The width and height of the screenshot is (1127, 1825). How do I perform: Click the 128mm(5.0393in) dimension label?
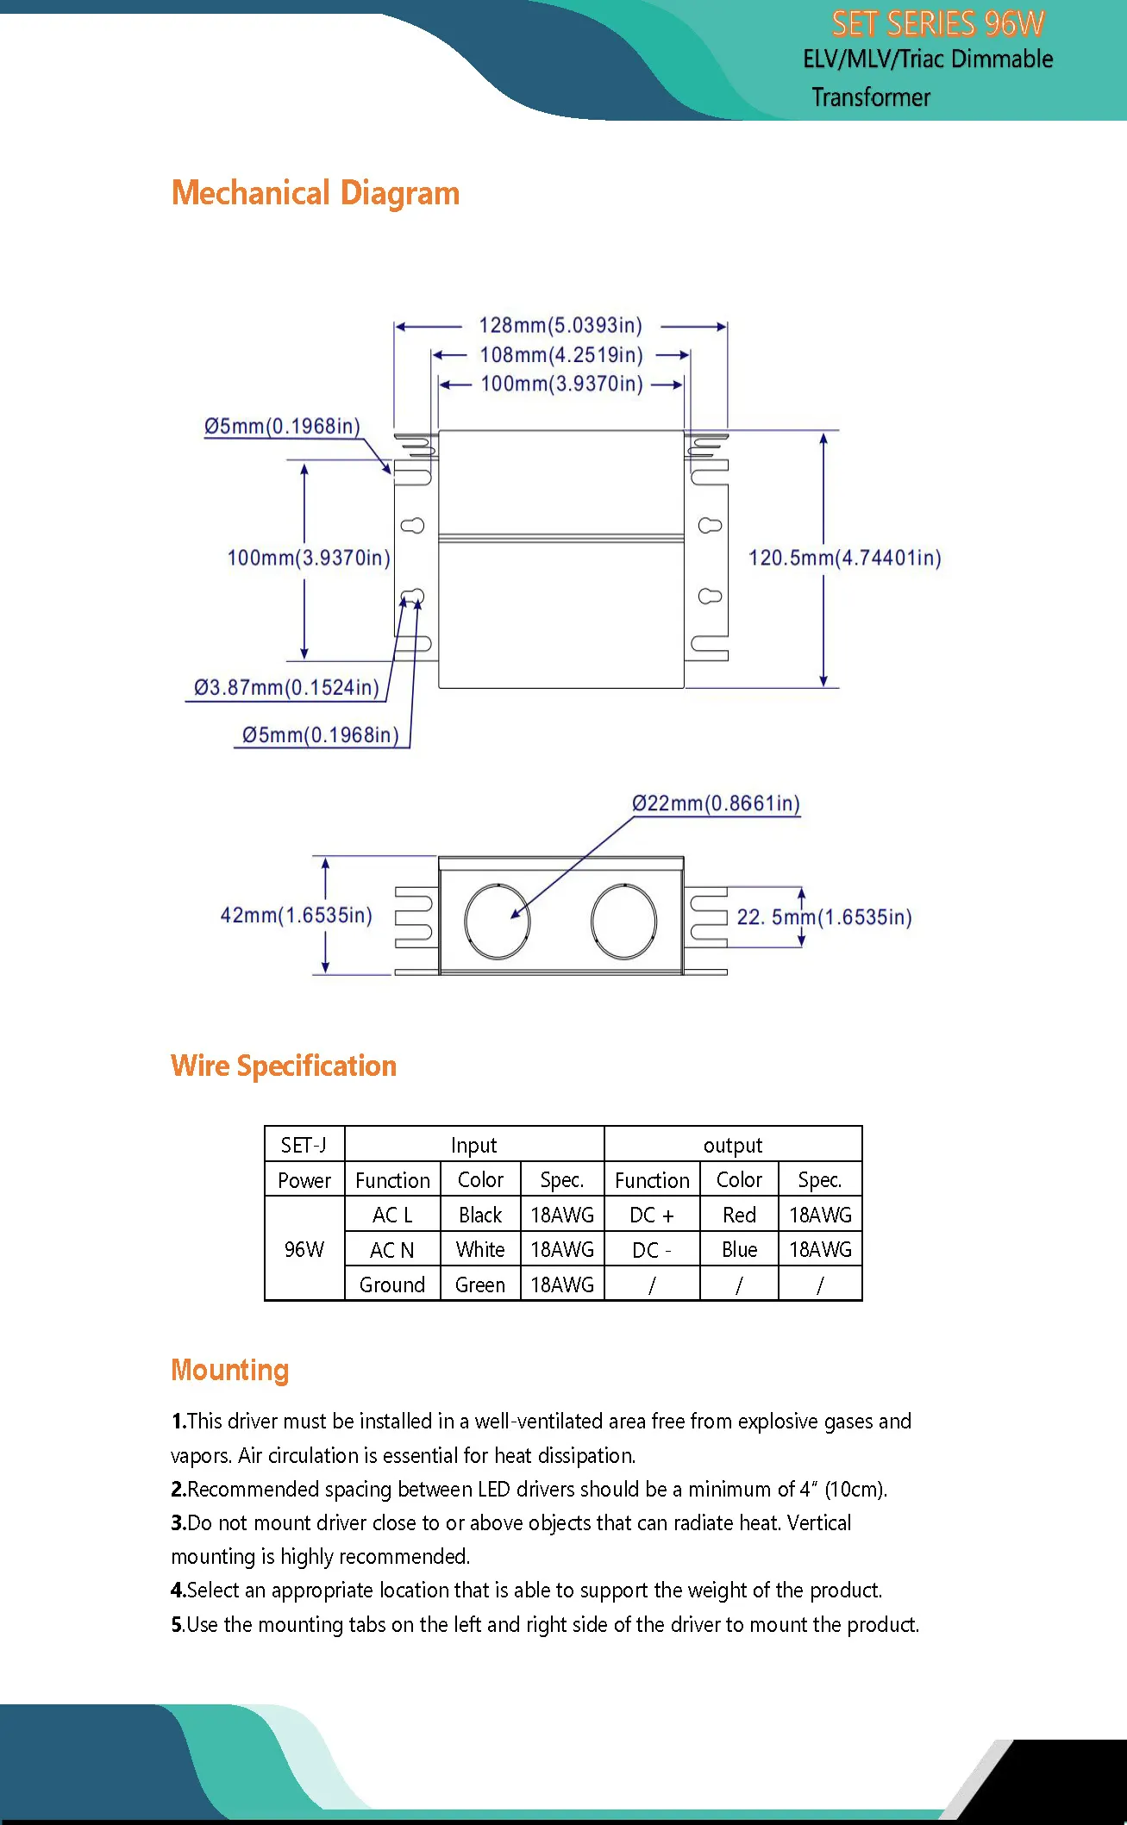click(560, 326)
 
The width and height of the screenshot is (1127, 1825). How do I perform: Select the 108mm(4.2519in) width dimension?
click(561, 355)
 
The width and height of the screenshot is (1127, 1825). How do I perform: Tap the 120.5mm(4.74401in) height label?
click(844, 558)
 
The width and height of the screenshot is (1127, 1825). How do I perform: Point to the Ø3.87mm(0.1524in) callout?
click(286, 688)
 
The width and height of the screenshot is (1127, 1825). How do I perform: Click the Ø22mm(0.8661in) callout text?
click(716, 803)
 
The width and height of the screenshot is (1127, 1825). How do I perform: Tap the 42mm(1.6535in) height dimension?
click(296, 916)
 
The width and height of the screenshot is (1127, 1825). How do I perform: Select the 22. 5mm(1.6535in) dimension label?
click(823, 917)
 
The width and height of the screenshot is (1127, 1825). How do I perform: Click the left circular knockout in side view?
click(497, 921)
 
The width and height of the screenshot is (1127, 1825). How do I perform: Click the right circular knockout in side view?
click(623, 921)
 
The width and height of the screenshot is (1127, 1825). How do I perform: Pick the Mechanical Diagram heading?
click(316, 193)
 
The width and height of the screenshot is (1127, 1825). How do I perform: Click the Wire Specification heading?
click(284, 1066)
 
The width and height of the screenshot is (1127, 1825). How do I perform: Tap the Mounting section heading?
click(229, 1370)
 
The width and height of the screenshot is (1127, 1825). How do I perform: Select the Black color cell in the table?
click(480, 1215)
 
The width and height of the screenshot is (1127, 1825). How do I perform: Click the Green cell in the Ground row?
click(480, 1284)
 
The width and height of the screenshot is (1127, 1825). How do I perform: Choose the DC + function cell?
click(652, 1215)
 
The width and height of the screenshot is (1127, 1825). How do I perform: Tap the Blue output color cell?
click(739, 1250)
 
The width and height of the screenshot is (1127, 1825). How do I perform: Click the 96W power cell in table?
click(304, 1249)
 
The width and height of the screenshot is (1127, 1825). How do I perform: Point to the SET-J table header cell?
click(304, 1145)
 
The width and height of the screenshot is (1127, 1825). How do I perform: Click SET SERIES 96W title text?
click(937, 24)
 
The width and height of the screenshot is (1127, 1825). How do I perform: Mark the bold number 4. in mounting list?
click(178, 1591)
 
